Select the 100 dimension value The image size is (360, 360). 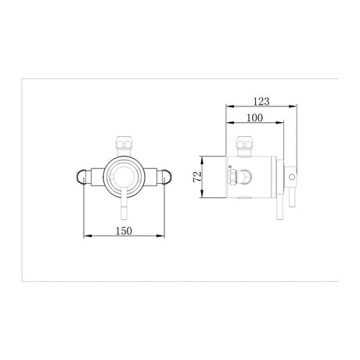point(252,117)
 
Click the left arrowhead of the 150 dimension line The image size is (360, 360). point(86,236)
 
